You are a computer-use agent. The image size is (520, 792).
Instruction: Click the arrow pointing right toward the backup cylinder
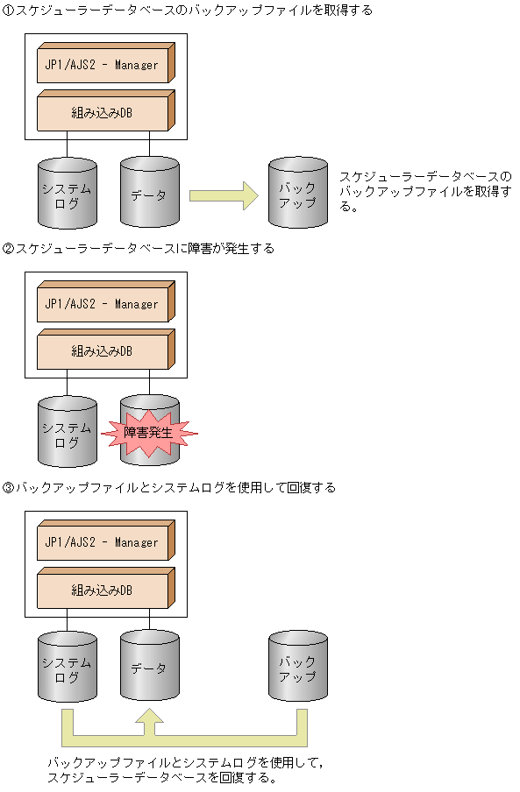click(x=224, y=194)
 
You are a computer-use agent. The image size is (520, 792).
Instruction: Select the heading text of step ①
click(x=188, y=11)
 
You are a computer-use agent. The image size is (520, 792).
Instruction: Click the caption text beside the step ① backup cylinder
click(x=424, y=191)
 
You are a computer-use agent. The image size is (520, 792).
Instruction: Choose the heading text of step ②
click(x=139, y=249)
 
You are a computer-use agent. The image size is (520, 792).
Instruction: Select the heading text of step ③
click(x=169, y=487)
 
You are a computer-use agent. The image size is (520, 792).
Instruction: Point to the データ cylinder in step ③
click(x=149, y=668)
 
